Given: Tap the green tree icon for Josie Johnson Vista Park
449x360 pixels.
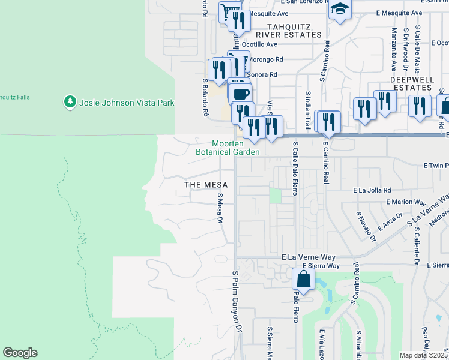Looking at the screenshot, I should click(x=71, y=103).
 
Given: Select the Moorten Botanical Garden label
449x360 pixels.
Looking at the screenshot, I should click(x=228, y=148).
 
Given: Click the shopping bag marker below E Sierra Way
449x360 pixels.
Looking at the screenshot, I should click(x=304, y=279).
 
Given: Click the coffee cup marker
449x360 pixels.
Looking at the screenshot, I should click(x=241, y=94).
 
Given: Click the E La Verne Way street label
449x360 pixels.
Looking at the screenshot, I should click(x=310, y=256).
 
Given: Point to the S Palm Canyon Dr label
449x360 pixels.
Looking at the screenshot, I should click(x=237, y=301).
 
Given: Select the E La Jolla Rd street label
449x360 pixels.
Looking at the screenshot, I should click(x=373, y=189).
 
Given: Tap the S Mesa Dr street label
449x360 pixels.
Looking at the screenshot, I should click(x=220, y=208).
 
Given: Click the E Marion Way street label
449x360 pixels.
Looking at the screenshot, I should click(x=406, y=202).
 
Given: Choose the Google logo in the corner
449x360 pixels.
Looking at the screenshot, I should click(x=20, y=353).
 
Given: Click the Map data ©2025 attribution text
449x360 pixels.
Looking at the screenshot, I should click(x=423, y=355).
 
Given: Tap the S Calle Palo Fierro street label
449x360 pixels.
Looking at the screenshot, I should click(x=295, y=168).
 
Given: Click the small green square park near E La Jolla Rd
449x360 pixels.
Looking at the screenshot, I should click(x=275, y=196).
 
